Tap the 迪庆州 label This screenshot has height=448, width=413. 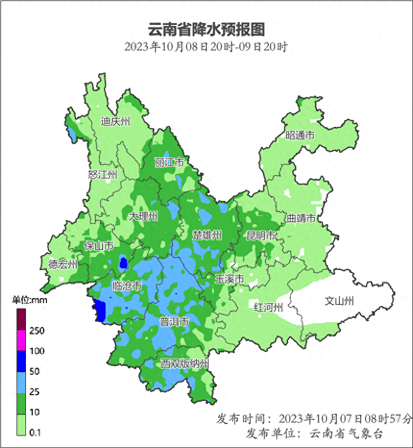115,121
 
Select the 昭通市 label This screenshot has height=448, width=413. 300,136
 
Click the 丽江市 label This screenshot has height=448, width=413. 169,162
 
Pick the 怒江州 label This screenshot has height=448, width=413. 103,175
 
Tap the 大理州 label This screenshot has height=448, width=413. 143,216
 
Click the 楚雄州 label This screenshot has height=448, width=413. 207,236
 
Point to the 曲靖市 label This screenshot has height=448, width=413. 300,218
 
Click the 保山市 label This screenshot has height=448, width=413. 99,246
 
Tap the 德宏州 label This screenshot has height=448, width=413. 63,265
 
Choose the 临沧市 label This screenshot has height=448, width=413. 127,286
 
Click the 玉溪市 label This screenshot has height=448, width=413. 229,279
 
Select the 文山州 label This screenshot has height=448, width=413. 339,301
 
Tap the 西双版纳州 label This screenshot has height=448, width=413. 185,364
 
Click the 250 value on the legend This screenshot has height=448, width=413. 37,331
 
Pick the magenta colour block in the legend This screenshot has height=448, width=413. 21,341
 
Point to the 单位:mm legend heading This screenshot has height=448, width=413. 29,300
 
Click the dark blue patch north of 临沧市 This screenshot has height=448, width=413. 124,263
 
